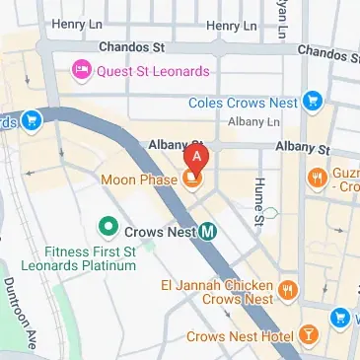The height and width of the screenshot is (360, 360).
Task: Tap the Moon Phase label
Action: click(x=137, y=180)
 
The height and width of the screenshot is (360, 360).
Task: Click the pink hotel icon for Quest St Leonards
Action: click(x=78, y=70)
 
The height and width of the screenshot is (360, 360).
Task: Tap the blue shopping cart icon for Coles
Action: click(x=314, y=100)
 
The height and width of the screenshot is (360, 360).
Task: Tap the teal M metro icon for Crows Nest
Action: click(x=208, y=232)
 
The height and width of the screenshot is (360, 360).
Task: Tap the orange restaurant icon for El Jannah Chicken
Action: click(x=288, y=289)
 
